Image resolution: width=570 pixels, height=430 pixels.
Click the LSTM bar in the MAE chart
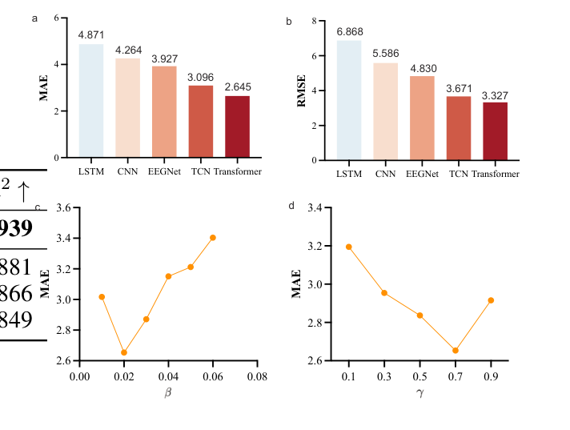pos(90,100)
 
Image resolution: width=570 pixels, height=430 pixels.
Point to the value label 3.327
pos(495,95)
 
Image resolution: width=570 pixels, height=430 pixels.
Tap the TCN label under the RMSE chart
pos(459,174)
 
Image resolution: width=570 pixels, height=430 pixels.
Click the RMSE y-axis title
pos(303,90)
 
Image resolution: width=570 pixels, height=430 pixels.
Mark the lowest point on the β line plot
pos(124,352)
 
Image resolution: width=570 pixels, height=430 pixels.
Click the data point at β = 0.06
pos(212,237)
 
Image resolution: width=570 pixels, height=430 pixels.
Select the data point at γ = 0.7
pos(456,350)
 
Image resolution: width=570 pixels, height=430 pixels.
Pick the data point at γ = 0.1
pos(348,247)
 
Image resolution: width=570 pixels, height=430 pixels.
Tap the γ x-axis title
pos(419,394)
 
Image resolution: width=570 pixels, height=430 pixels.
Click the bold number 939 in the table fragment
pos(16,229)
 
